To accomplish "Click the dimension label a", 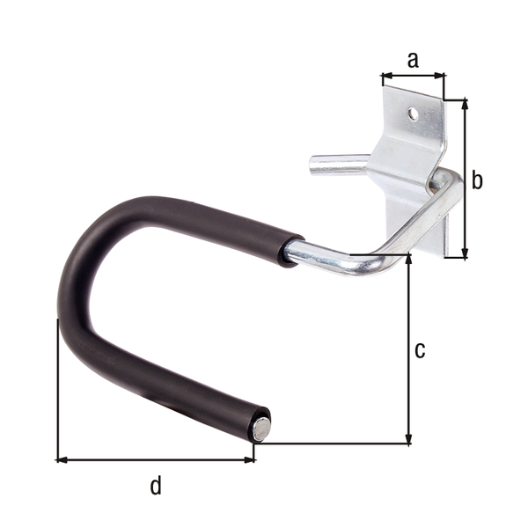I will [413, 60].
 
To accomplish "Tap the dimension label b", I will [477, 180].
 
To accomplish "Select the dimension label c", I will [420, 349].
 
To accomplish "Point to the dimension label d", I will [156, 485].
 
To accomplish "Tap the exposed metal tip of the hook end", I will [261, 429].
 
